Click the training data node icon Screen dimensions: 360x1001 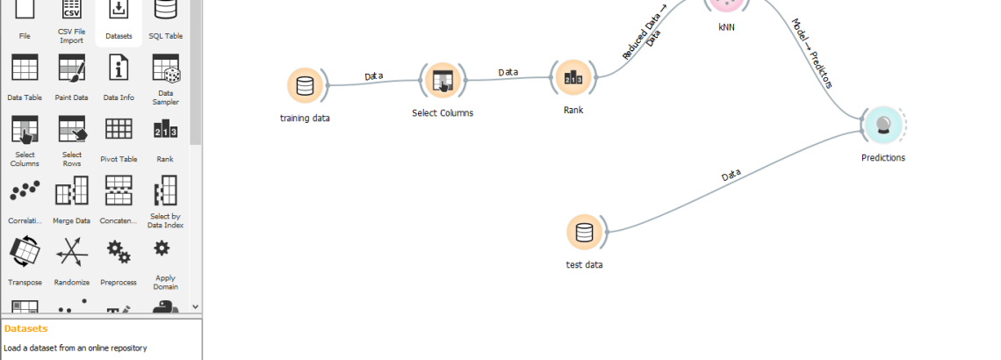click(x=305, y=85)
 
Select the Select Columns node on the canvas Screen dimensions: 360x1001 click(x=442, y=81)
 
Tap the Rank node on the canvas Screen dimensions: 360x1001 click(x=573, y=78)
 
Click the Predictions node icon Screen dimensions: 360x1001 click(x=882, y=125)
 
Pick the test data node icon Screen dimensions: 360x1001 click(x=584, y=232)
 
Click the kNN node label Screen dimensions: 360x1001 click(x=726, y=27)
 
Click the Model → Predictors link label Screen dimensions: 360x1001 click(x=812, y=54)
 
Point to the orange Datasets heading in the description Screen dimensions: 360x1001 click(x=25, y=328)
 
